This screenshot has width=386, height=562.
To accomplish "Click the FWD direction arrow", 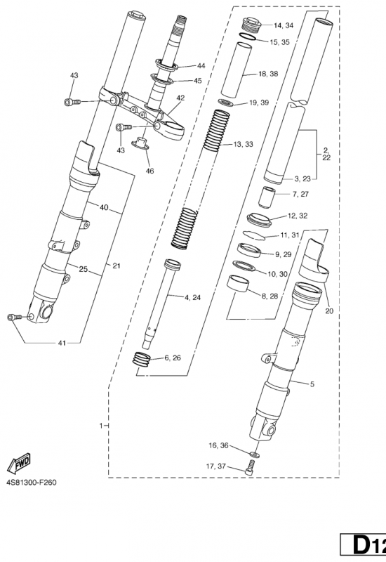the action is [x=19, y=463].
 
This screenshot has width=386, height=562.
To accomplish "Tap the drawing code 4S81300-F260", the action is [x=31, y=483].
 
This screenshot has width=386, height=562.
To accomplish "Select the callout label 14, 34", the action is [x=284, y=25].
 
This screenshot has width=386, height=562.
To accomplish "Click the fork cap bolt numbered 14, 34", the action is [x=253, y=25].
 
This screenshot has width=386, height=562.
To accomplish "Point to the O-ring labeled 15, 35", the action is [x=248, y=37].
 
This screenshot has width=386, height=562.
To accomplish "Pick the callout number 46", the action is [x=149, y=171].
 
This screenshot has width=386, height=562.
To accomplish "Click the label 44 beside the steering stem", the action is [x=201, y=66].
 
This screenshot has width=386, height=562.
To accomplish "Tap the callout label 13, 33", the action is [x=243, y=144].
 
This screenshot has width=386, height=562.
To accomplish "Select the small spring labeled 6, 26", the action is [x=142, y=359].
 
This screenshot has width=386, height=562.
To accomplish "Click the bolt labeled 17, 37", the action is [x=249, y=469].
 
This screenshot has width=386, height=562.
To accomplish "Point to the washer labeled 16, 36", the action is [x=255, y=454].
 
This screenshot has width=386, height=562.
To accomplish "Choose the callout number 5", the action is [x=312, y=384].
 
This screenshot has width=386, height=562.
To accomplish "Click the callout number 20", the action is [x=329, y=311].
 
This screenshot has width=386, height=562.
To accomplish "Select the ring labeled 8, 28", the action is [x=238, y=284].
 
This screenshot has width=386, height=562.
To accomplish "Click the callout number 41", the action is [x=62, y=344].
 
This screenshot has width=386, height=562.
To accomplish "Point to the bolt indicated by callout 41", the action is [x=14, y=318].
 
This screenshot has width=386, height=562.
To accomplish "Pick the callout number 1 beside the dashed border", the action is [x=101, y=426].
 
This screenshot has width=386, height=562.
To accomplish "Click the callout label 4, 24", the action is [x=192, y=297].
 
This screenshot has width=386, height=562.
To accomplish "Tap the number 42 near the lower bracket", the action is [x=180, y=98].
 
